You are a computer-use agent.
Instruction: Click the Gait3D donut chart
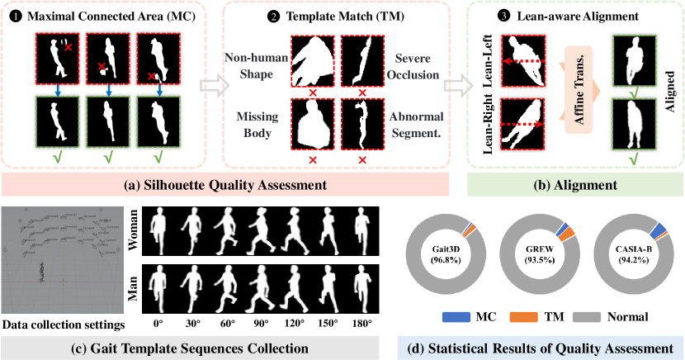tap(446, 255)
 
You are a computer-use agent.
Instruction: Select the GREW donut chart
tap(540, 255)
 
